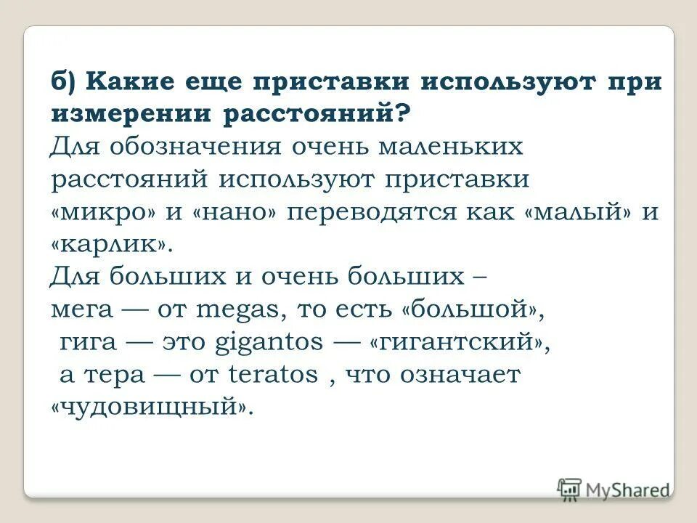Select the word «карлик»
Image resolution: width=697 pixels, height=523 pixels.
[x=113, y=244]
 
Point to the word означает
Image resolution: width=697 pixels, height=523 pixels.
[x=459, y=375]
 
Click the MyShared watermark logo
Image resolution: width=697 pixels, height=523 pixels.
[x=614, y=489]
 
